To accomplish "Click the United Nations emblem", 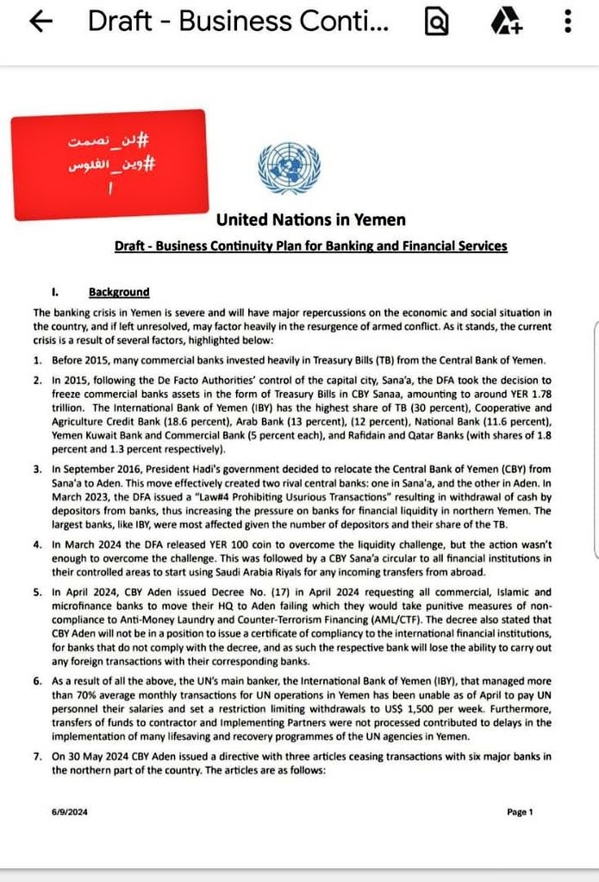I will pyautogui.click(x=289, y=168).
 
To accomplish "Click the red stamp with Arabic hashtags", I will pyautogui.click(x=109, y=164).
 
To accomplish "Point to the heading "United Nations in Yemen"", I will pyautogui.click(x=310, y=220).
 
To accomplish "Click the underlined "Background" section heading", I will pyautogui.click(x=119, y=292).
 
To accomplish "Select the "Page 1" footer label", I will pyautogui.click(x=521, y=811).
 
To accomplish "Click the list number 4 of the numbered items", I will pyautogui.click(x=38, y=544).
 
